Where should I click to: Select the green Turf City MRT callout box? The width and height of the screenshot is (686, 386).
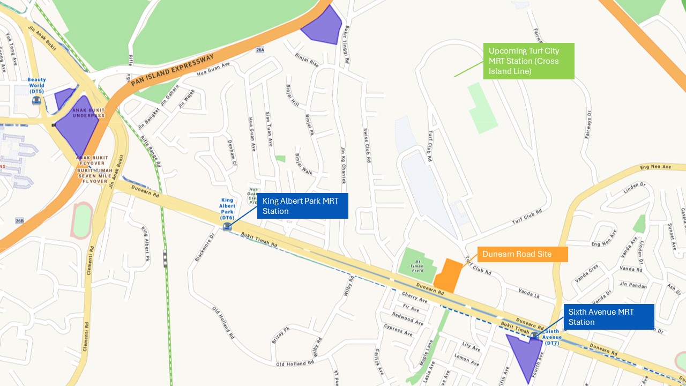point(528,61)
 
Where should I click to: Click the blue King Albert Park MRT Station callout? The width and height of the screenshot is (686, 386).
point(302,206)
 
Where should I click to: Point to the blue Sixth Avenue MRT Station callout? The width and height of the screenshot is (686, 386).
point(608,317)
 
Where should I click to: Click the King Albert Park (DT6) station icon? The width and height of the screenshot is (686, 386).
point(227,227)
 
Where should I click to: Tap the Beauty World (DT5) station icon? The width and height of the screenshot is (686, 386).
point(36,100)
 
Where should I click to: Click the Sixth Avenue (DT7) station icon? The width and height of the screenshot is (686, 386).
point(534,336)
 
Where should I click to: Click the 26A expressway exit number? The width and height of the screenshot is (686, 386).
point(260,50)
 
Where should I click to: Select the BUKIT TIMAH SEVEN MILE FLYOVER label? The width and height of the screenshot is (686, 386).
point(93,172)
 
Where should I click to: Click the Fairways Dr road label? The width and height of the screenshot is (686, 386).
point(588,125)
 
